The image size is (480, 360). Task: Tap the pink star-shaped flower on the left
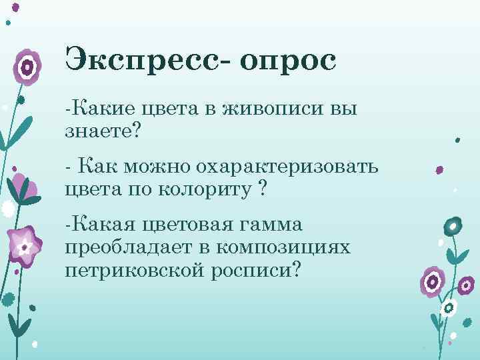pyautogui.click(x=25, y=247)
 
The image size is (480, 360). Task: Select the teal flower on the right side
pyautogui.click(x=453, y=227)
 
